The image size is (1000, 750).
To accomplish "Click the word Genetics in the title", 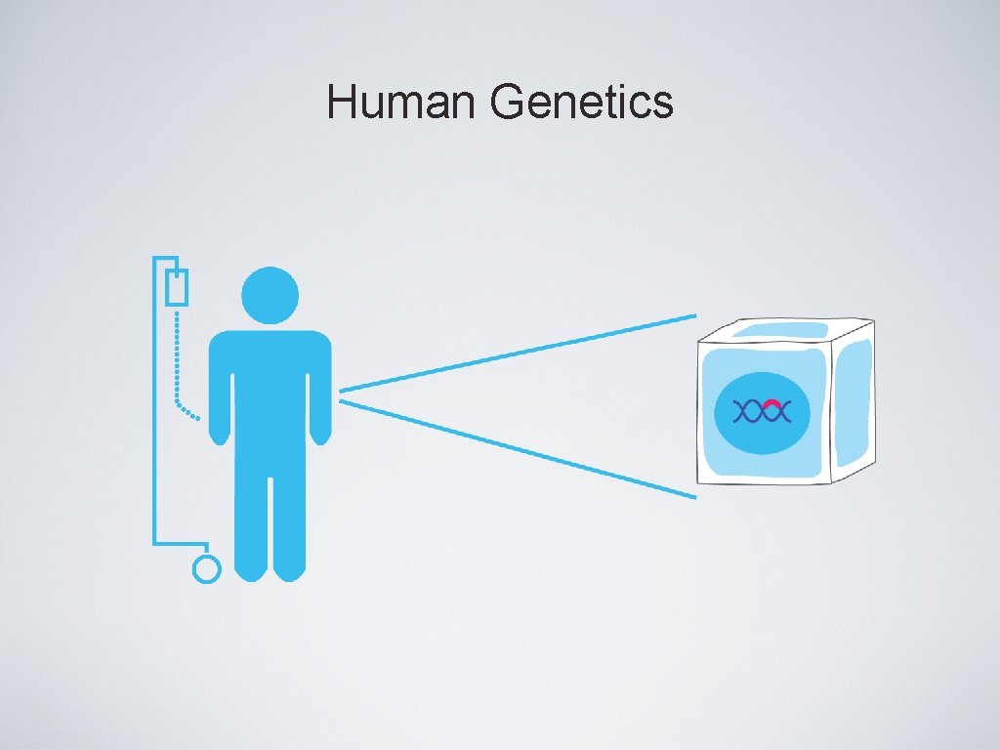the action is click(x=583, y=103).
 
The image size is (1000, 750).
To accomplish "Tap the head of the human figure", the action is click(x=270, y=295).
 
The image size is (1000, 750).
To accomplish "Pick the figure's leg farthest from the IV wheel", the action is click(x=290, y=518).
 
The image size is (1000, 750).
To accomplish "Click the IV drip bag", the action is click(x=176, y=288).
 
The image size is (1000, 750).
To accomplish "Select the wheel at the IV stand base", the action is click(x=207, y=568).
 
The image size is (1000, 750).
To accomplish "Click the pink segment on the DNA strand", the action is click(x=771, y=403).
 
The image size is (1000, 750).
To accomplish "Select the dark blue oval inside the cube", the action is click(x=762, y=430).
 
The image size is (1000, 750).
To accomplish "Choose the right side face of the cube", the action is click(x=854, y=400).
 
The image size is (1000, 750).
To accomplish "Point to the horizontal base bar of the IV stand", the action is click(x=181, y=542).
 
